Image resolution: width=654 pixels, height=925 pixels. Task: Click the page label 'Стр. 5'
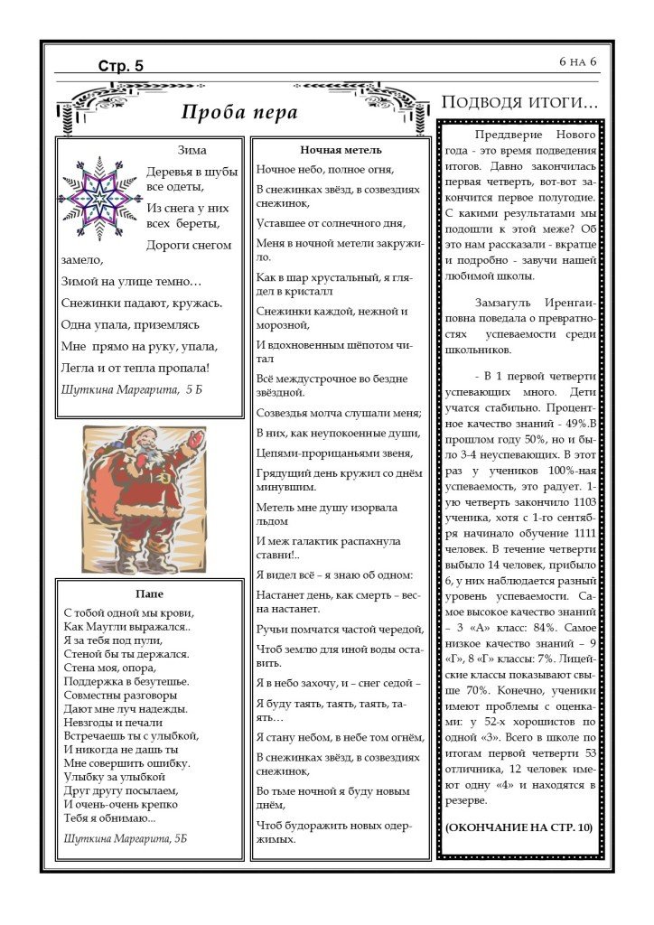121,65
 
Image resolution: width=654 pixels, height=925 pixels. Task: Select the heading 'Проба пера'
239,113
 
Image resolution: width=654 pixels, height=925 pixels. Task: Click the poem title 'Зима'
192,150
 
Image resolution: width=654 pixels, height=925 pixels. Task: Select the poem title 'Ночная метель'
341,150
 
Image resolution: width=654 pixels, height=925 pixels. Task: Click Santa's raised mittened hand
194,440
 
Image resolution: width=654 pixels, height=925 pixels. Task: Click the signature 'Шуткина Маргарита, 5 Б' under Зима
132,389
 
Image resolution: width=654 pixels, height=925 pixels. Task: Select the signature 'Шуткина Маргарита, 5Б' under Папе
126,837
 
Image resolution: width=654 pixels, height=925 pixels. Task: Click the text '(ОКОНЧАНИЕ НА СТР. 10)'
519,827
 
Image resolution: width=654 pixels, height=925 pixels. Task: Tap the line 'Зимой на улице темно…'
132,281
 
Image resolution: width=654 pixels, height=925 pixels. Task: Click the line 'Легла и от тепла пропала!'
135,368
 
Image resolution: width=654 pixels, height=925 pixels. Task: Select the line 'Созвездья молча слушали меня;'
339,413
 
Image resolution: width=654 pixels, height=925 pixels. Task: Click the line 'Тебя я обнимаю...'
110,818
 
